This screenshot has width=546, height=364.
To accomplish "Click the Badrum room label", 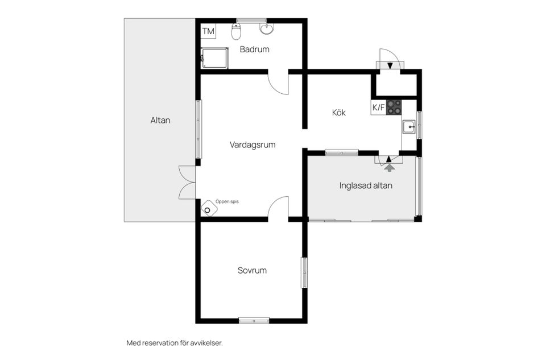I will click(254, 49).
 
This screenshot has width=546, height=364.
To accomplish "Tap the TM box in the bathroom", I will click(208, 31).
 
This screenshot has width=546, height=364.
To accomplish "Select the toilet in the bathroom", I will click(236, 32).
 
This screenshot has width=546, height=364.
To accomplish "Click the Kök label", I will click(339, 113).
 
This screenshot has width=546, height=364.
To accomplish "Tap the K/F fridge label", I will click(378, 107).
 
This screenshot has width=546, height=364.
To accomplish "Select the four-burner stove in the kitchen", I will click(394, 107).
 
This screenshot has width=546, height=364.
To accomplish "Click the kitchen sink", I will click(408, 127).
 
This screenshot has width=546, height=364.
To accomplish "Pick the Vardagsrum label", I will click(253, 145).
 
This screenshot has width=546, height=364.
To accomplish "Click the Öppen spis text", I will click(226, 201).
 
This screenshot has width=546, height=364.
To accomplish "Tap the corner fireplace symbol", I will click(208, 209).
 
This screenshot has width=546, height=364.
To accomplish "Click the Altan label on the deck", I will click(160, 121).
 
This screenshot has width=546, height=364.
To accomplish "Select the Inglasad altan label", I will click(366, 185).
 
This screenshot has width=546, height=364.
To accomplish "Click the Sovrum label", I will click(252, 271).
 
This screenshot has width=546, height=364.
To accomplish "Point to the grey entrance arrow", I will click(389, 167).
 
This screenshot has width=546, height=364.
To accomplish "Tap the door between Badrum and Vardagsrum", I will click(279, 83).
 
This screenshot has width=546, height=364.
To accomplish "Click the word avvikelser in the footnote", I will click(206, 343).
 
